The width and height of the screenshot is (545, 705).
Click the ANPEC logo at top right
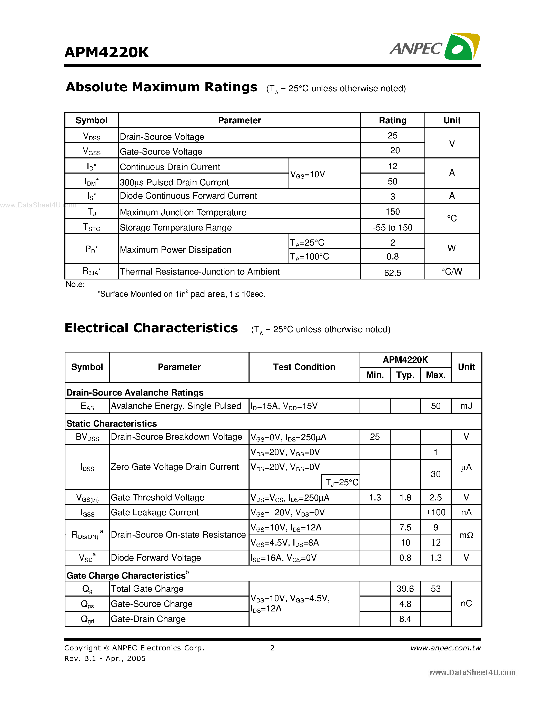434,47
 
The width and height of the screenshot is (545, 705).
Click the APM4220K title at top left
106,52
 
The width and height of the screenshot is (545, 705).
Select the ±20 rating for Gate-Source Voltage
392,150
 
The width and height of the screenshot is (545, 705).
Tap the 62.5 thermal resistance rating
392,273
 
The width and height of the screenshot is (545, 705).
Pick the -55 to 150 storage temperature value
392,228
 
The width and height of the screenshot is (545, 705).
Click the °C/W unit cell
451,271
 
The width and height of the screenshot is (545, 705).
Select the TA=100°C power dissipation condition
309,257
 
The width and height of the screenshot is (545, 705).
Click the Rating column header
392,120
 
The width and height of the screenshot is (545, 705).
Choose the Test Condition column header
304,367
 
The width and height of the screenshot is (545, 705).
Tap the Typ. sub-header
405,375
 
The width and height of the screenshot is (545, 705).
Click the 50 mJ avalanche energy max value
435,406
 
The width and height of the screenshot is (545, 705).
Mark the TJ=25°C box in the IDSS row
341,482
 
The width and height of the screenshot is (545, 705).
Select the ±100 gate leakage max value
435,512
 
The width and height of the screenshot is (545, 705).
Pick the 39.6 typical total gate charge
405,589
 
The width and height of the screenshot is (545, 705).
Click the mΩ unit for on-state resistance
466,535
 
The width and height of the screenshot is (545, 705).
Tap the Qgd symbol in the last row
87,619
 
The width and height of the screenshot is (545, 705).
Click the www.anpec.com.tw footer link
445,648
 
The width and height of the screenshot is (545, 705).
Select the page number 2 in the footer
272,648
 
